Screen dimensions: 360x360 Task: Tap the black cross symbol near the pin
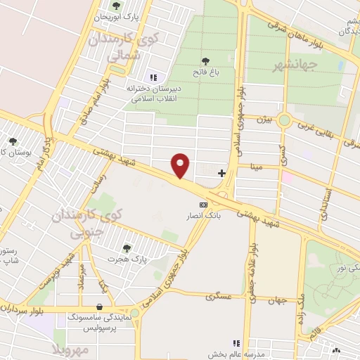coord(222,172)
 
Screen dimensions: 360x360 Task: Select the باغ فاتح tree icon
coord(205,62)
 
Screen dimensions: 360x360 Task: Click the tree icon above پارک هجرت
coord(127,247)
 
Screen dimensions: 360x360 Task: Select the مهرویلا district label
coord(71,349)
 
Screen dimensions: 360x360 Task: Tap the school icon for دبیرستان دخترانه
coord(153,77)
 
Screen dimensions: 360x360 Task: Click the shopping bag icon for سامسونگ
coord(99,307)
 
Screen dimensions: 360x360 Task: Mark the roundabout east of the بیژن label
coord(284,120)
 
